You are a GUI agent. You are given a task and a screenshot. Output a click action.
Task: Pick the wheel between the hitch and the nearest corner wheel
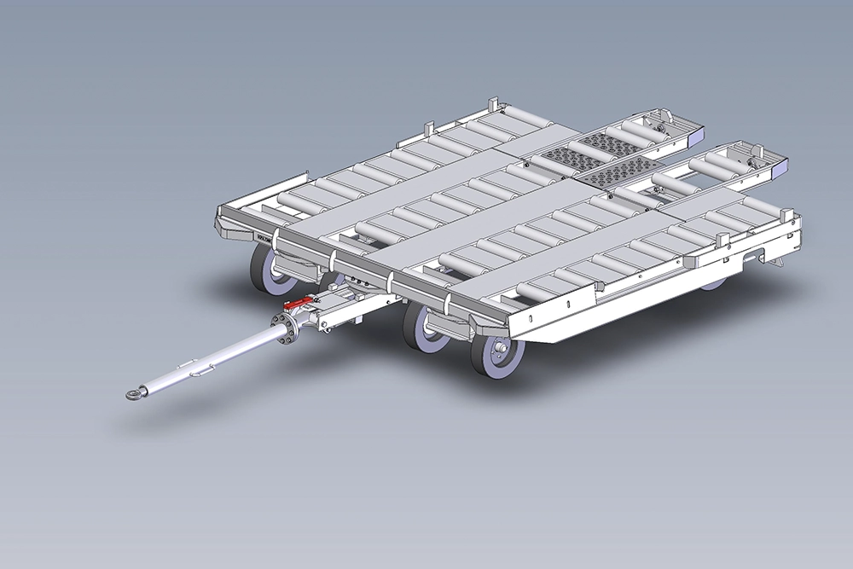424,327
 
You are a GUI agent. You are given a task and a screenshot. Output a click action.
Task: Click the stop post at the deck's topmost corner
491,105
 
